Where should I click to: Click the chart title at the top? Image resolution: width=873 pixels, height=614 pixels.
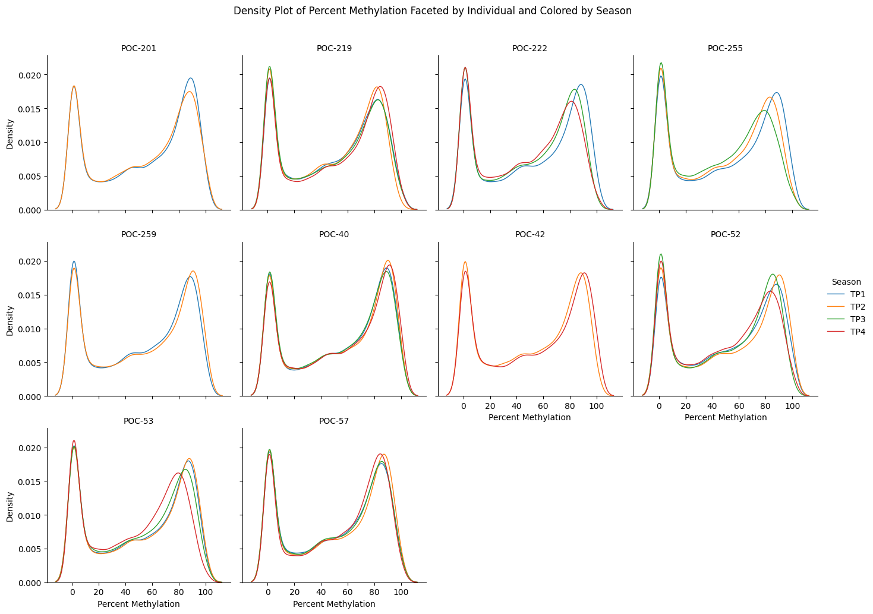pos(432,11)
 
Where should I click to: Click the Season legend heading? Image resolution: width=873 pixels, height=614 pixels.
pos(846,282)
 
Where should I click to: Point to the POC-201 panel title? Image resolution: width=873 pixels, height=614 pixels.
pos(138,48)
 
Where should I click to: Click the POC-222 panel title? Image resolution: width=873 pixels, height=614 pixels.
pos(530,48)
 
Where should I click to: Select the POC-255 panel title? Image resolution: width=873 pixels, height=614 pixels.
pos(725,48)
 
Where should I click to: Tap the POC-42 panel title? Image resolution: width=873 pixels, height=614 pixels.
pos(530,234)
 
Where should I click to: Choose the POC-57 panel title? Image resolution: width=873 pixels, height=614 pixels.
pos(334,421)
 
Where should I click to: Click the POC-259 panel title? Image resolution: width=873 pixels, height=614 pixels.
pos(138,234)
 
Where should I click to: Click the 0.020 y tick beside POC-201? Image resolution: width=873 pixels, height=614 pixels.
pos(31,75)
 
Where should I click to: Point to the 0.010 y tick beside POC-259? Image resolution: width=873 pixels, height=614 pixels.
pos(31,329)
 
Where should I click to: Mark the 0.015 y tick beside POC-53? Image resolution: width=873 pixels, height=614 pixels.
pos(31,481)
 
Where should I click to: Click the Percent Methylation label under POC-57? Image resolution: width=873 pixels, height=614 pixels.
pos(334,604)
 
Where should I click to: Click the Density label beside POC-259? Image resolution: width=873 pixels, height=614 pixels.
pos(10,320)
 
